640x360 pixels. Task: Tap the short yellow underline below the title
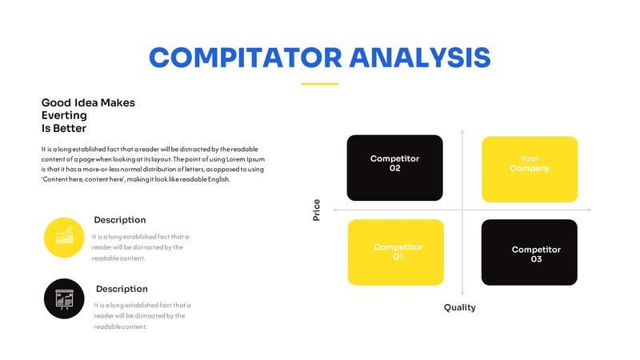[319, 83]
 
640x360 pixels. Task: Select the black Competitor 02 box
[394, 168]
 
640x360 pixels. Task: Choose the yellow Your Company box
[529, 169]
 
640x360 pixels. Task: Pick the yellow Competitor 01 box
[395, 252]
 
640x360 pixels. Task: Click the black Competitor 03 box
[529, 252]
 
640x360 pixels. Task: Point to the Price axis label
[316, 210]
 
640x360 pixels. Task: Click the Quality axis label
[460, 307]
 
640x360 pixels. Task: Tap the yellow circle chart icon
[65, 237]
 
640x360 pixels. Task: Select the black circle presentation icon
[65, 298]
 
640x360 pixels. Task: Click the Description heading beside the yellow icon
[120, 220]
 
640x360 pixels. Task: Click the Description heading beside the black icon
[122, 289]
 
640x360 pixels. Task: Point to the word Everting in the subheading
[64, 115]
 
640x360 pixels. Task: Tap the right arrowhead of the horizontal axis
[590, 210]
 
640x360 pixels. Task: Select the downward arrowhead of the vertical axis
[462, 294]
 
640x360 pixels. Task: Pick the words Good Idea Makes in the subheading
[88, 102]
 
